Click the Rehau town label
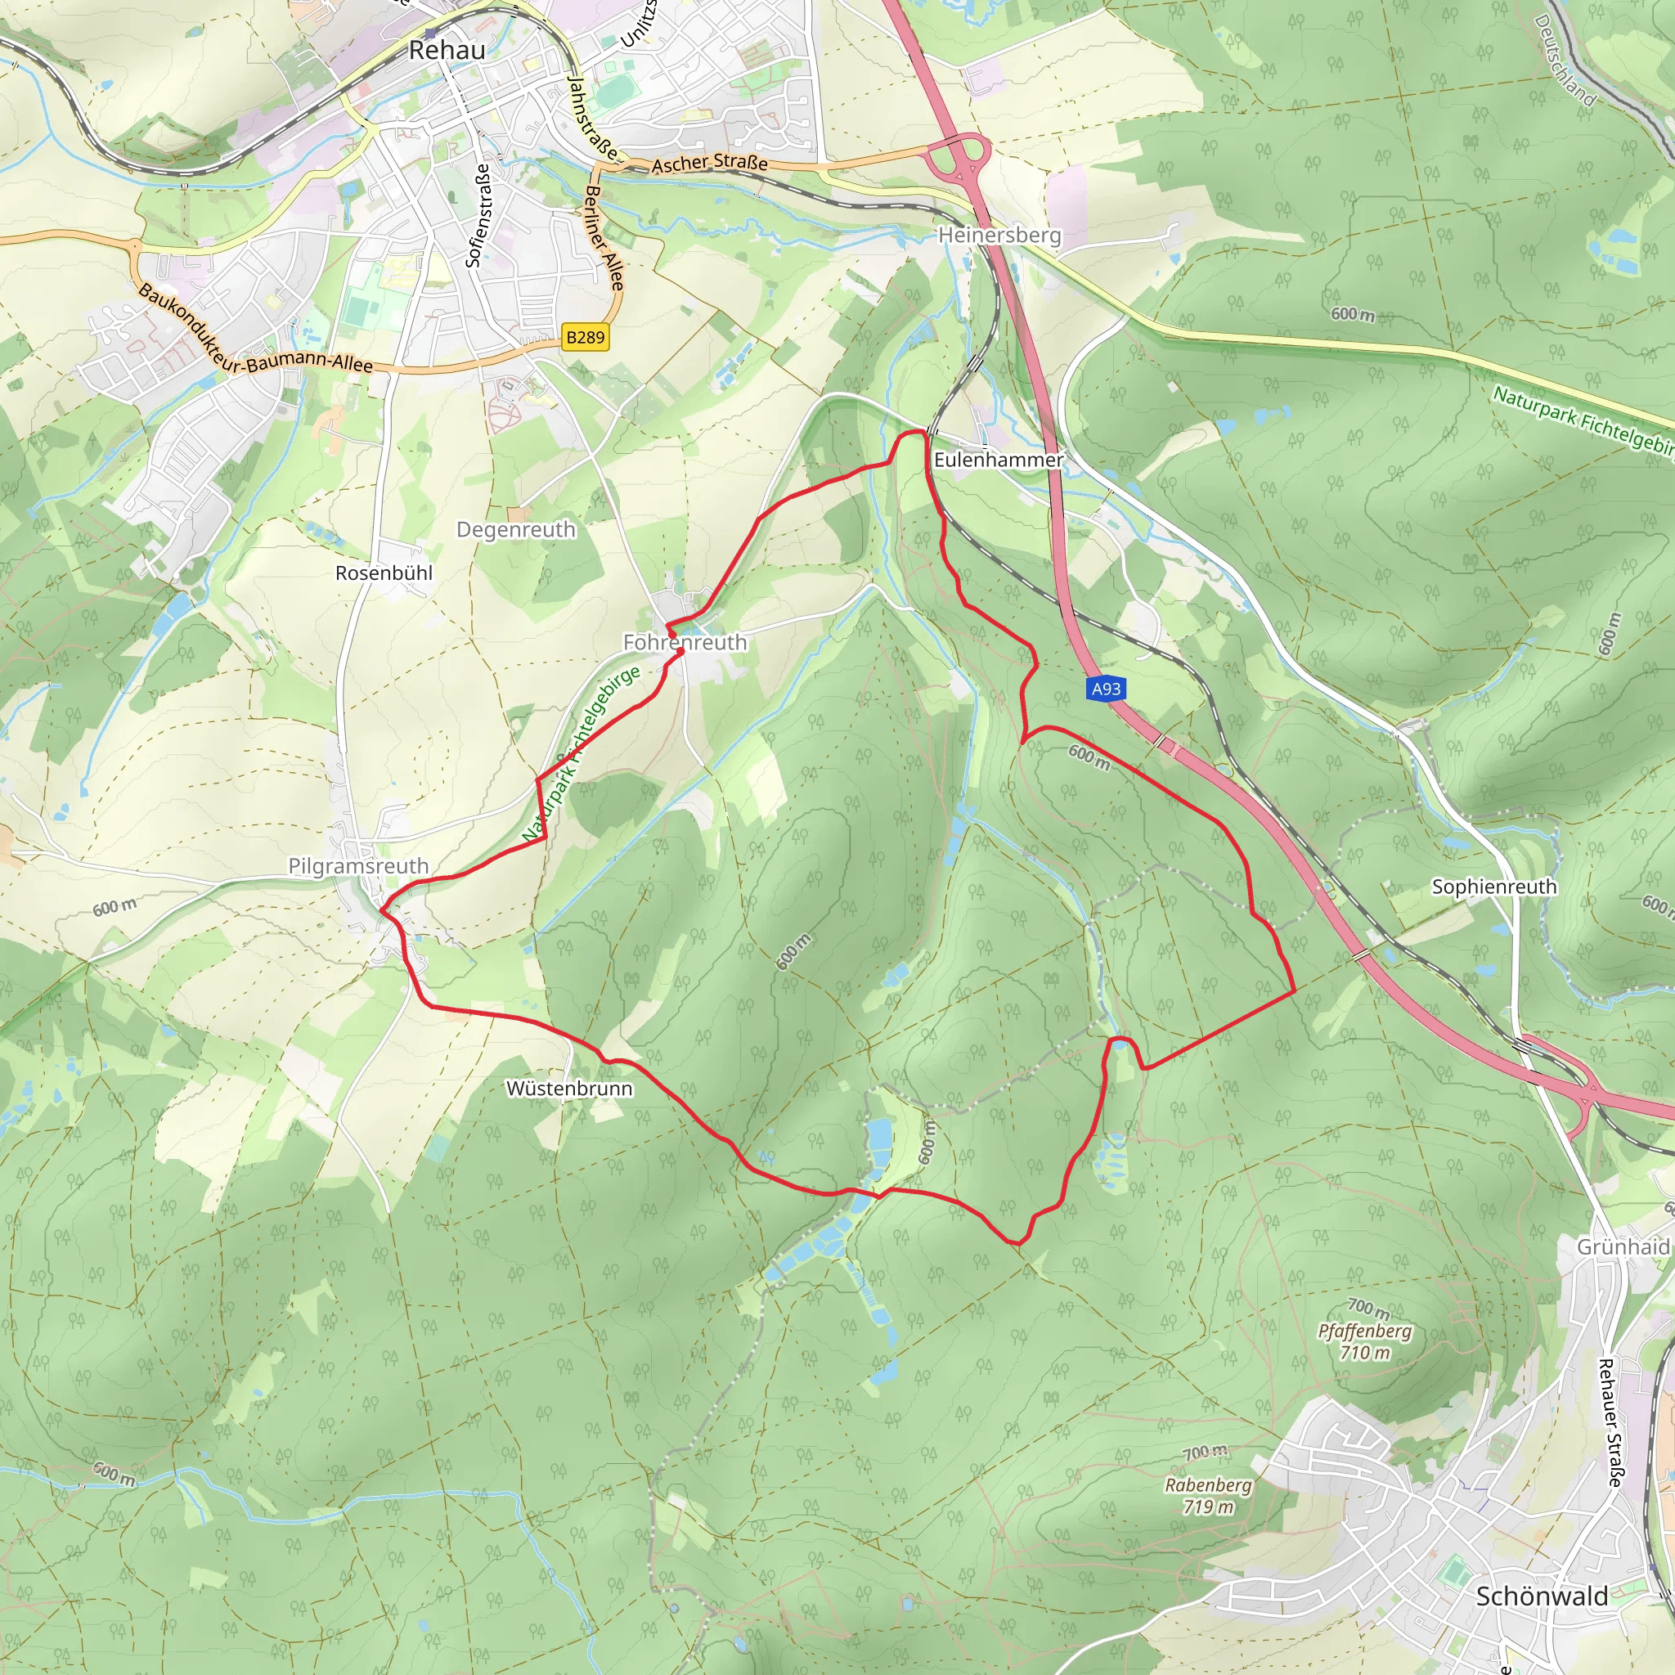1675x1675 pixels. [x=447, y=50]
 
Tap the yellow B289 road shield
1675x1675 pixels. [x=586, y=337]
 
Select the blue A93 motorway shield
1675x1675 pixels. [x=1106, y=689]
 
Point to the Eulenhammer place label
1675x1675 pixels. [x=998, y=460]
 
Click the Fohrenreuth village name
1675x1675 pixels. [x=685, y=642]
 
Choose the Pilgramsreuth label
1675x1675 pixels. [x=358, y=866]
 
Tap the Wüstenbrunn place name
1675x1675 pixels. [x=568, y=1089]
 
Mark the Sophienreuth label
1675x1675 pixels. [x=1493, y=887]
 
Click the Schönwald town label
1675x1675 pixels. [x=1542, y=1597]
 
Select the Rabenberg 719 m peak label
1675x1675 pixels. [x=1209, y=1496]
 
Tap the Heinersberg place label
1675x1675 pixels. [x=999, y=235]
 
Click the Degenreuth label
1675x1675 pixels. [x=516, y=530]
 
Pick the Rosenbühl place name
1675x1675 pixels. [x=384, y=573]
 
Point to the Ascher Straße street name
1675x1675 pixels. [x=709, y=163]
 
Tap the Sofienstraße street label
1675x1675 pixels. [x=478, y=216]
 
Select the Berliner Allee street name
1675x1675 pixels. [x=604, y=237]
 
